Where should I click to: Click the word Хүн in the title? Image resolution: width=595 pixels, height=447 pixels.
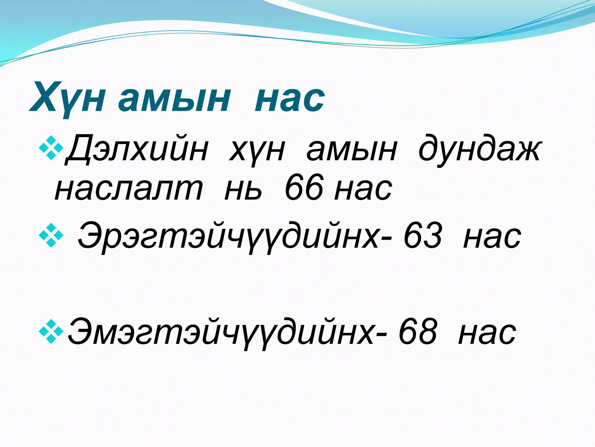point(67,97)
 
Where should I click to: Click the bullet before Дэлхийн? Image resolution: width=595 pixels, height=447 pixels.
point(51,148)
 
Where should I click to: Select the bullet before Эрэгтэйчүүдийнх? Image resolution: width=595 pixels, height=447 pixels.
point(51,235)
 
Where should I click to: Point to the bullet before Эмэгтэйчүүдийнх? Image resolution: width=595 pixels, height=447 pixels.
point(51,331)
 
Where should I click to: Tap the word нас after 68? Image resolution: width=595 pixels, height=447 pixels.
point(487,333)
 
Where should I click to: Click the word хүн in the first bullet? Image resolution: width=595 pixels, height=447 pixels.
point(257,150)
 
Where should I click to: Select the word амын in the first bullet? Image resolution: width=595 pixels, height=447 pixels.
point(352,150)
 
